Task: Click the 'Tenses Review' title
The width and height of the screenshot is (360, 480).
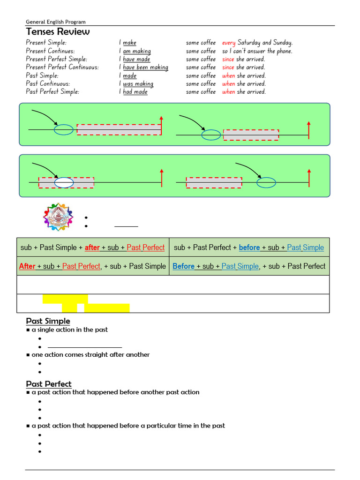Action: pos(58,32)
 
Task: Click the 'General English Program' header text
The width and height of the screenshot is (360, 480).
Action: pos(56,22)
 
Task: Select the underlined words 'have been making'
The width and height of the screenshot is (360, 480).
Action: pos(145,67)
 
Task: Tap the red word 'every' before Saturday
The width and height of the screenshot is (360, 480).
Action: pos(229,43)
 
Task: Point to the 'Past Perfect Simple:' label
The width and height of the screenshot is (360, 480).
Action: pos(52,92)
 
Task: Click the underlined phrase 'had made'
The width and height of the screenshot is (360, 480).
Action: pos(135,92)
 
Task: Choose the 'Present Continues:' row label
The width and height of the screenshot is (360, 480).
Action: pos(50,51)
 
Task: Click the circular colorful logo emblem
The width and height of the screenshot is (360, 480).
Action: pos(58,217)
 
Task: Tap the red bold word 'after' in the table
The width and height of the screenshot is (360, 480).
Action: pos(92,247)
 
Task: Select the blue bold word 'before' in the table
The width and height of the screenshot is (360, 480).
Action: pos(249,247)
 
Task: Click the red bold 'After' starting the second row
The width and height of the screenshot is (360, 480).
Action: pos(27,266)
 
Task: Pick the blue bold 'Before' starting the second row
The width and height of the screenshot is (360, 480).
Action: pos(183,266)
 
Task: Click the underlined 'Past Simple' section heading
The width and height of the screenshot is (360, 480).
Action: pos(48,321)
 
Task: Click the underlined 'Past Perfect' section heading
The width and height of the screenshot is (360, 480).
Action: pos(49,384)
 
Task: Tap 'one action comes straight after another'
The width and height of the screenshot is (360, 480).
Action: pos(90,355)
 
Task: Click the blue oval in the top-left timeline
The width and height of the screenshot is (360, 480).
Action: pos(64,129)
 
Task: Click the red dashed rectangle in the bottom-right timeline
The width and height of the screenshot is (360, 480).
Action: pos(214,182)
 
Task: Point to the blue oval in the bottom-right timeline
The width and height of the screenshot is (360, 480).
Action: pos(266,182)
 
